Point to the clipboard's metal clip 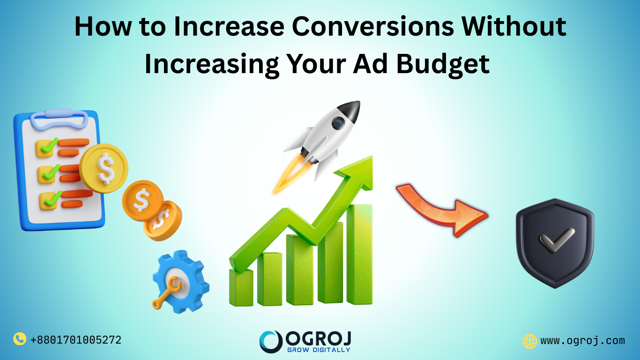pos(59,118)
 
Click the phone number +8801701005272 pos(75,340)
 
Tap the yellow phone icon pos(19,339)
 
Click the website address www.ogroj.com pos(582,341)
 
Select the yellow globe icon pos(529,341)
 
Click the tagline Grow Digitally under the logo pos(318,349)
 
